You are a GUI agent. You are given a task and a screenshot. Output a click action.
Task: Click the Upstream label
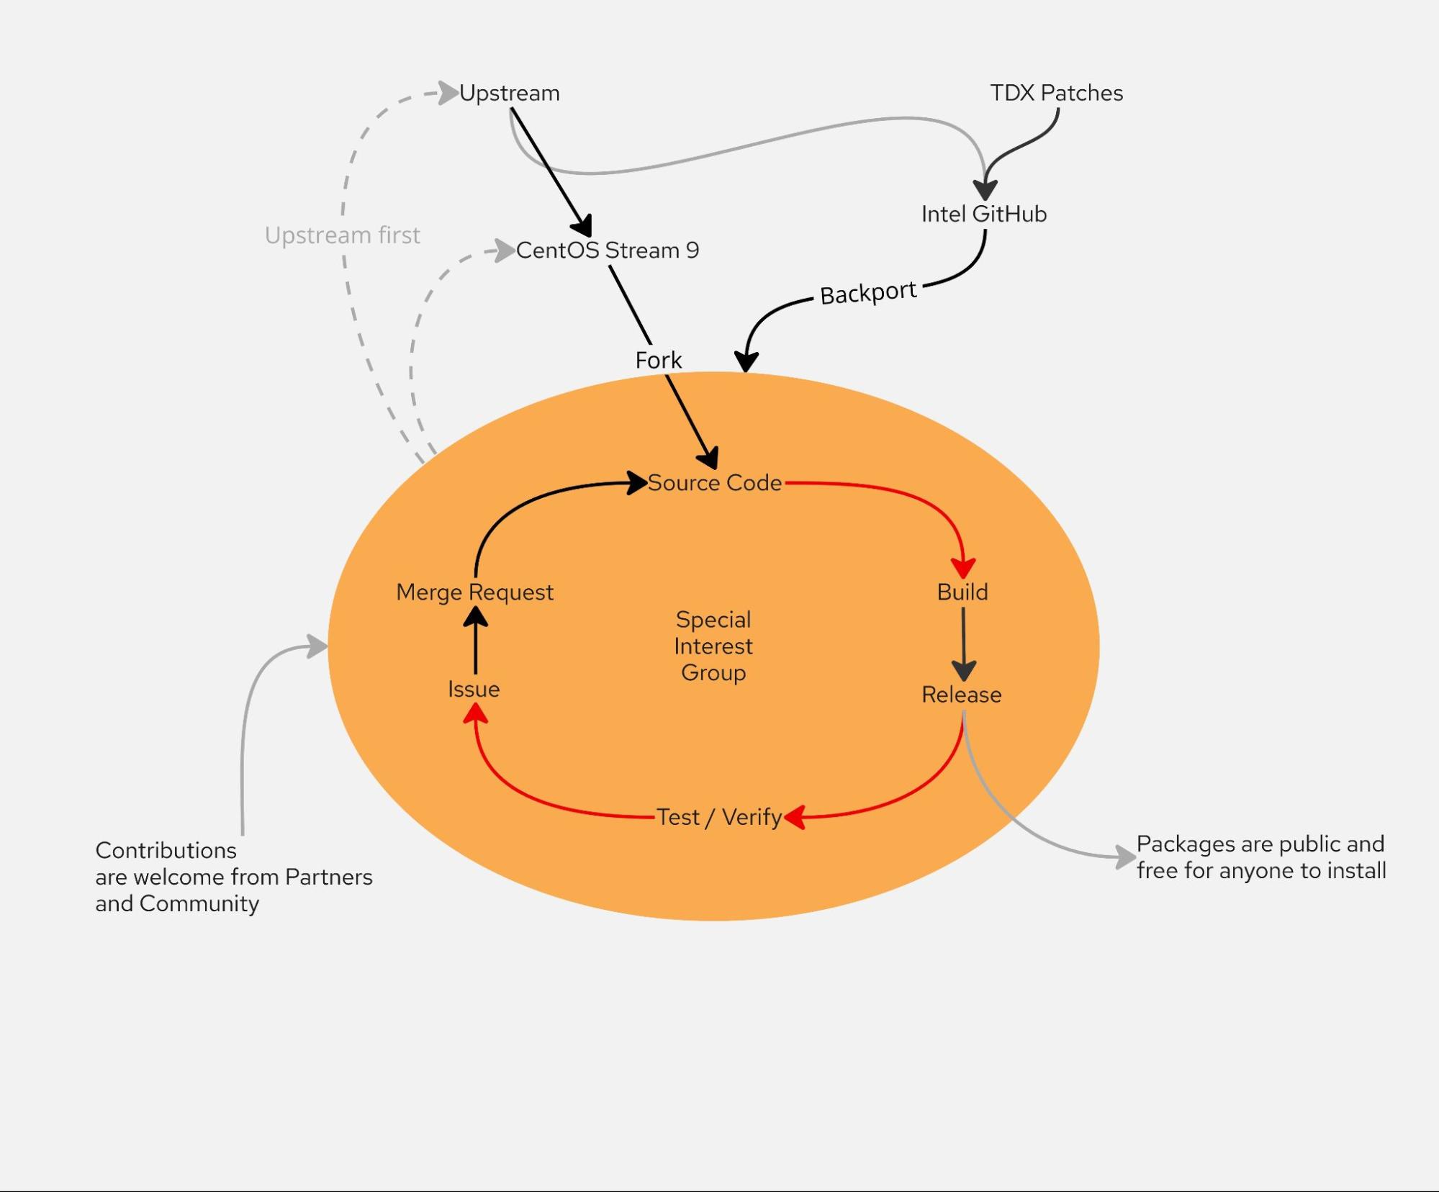coord(509,93)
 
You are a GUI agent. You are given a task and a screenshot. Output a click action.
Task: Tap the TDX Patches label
coord(1056,93)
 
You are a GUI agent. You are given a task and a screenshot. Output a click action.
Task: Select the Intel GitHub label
coord(983,214)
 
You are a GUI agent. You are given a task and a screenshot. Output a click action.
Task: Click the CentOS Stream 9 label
coord(607,250)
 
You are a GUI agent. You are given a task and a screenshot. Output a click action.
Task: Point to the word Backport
coord(867,292)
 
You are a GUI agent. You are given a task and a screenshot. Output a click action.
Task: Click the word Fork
coord(658,360)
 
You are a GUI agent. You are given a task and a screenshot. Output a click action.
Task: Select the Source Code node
coord(714,482)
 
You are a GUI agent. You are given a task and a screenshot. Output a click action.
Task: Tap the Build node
coord(962,592)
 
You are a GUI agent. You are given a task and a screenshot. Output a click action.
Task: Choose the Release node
coord(962,695)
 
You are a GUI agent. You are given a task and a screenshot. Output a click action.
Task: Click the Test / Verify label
coord(719,817)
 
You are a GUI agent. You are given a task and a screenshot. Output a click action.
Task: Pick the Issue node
coord(474,689)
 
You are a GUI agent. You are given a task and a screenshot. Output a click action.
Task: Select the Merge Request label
coord(474,592)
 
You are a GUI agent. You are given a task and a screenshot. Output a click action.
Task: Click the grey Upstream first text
coord(342,235)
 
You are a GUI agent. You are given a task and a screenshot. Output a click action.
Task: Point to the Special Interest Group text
coord(713,646)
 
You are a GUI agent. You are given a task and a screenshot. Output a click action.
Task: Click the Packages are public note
coord(1260,857)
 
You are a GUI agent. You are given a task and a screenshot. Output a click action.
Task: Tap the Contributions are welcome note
coord(233,877)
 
